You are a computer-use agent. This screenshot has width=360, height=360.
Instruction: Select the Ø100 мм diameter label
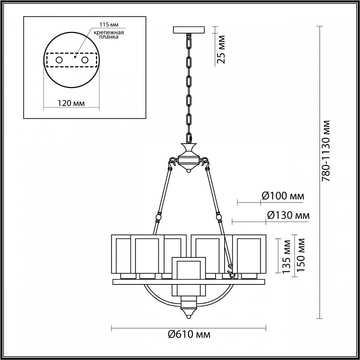pyautogui.click(x=283, y=196)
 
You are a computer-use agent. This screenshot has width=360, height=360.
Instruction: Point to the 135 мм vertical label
pyautogui.click(x=287, y=255)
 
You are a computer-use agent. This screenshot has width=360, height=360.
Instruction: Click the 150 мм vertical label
pyautogui.click(x=300, y=255)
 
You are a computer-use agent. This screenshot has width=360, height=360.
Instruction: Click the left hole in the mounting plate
pyautogui.click(x=59, y=60)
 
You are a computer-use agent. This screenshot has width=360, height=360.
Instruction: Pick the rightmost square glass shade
pyautogui.click(x=253, y=254)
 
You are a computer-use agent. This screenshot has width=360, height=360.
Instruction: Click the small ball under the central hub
pyautogui.click(x=189, y=171)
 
